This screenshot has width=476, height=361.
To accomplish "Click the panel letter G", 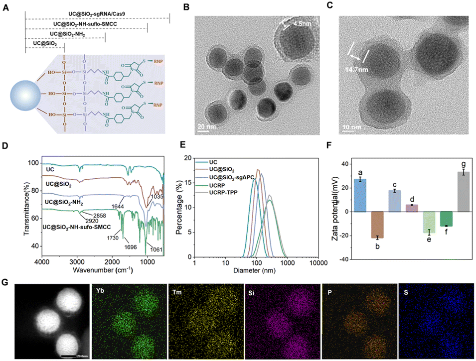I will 5,282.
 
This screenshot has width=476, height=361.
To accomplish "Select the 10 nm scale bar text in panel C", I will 351,127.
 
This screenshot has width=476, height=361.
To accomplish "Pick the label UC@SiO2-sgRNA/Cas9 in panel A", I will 97,13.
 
